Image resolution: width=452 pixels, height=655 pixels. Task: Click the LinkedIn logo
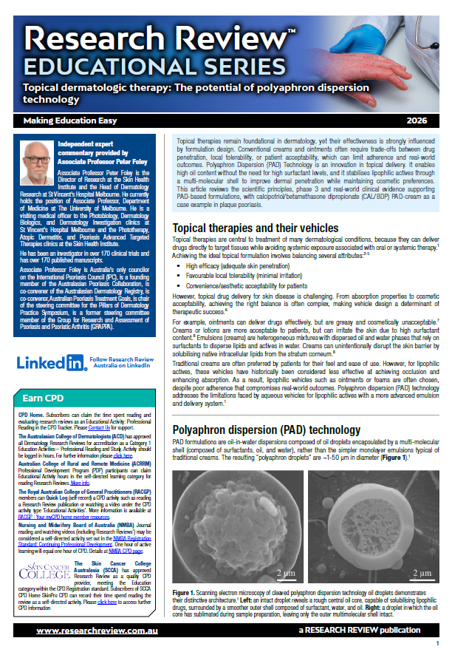tap(51, 362)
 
